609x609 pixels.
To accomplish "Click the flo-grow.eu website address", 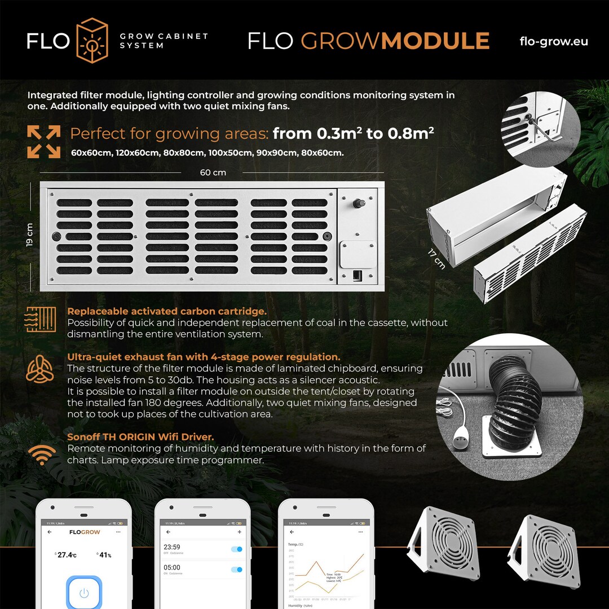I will pos(553,41).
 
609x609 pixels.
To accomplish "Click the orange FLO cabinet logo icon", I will pos(91,40).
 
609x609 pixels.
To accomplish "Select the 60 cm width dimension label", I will pos(213,173).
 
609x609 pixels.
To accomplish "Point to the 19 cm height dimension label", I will pos(30,234).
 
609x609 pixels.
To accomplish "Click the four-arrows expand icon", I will pos(44,142).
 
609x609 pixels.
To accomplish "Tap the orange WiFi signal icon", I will pos(42,454).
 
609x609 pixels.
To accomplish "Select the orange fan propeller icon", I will pos(41,370).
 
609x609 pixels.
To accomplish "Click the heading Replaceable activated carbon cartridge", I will pos(167,311).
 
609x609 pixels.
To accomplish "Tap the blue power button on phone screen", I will pos(84,593).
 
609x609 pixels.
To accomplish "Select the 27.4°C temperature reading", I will pos(66,555).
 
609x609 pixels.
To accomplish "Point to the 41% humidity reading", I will pos(104,555).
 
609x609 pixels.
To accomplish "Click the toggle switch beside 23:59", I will pos(237,549).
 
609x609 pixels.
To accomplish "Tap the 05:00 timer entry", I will pos(172,568).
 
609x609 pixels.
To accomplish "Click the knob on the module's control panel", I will pos(357,202).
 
